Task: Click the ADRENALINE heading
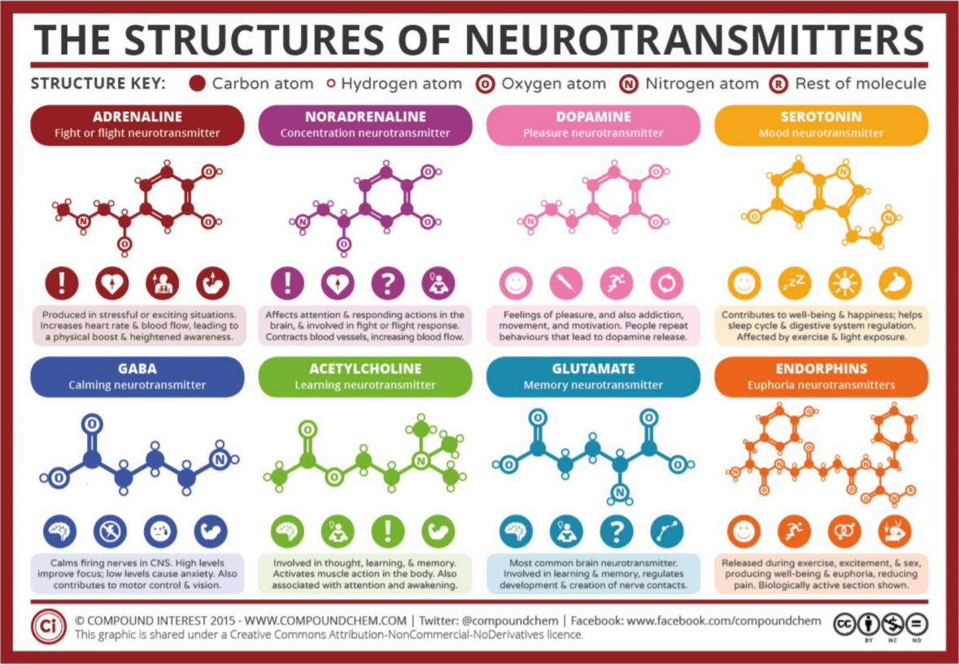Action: click(x=137, y=116)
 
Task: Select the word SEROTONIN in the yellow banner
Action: click(x=821, y=116)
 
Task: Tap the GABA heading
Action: click(x=137, y=369)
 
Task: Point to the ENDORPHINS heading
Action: click(x=821, y=369)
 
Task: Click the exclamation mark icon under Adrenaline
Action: click(x=62, y=282)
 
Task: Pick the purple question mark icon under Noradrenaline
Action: click(x=387, y=282)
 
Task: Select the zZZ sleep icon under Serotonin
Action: click(x=795, y=282)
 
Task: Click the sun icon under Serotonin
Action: click(x=844, y=282)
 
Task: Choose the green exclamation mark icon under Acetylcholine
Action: click(x=387, y=532)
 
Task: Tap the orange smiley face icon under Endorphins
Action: click(x=744, y=532)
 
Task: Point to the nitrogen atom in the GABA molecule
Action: click(x=218, y=460)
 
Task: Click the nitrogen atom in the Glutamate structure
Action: click(x=620, y=492)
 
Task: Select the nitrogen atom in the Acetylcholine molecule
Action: click(x=420, y=462)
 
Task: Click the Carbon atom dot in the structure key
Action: click(x=196, y=83)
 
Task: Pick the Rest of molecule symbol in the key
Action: click(x=779, y=83)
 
